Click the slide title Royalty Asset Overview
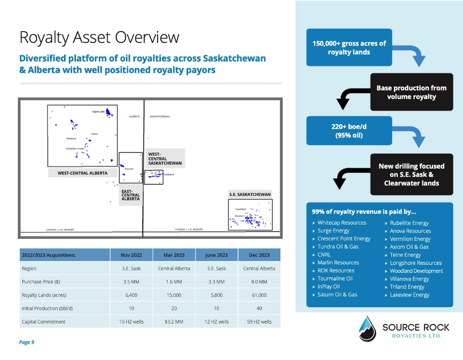(x=99, y=38)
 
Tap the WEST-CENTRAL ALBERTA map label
(x=83, y=173)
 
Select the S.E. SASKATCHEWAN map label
(x=249, y=194)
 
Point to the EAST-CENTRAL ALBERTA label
(x=130, y=195)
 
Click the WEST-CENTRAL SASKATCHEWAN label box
(x=165, y=158)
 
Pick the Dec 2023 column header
(x=259, y=255)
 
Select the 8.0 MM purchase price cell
(x=259, y=282)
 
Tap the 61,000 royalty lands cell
(x=259, y=295)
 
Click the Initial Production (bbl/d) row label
(x=47, y=308)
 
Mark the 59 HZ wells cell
(x=259, y=321)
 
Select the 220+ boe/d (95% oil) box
(x=341, y=131)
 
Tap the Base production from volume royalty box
(x=411, y=92)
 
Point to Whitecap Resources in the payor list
(x=342, y=223)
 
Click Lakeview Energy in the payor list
(x=409, y=295)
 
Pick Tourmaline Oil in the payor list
(x=335, y=278)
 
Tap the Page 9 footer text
(x=27, y=342)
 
